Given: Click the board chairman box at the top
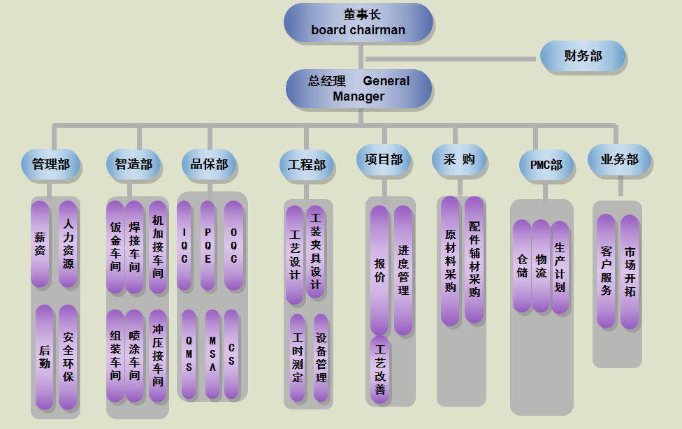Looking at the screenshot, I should tap(358, 22).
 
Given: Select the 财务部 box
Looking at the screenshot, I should tap(583, 56).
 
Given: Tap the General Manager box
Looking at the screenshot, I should tap(358, 89).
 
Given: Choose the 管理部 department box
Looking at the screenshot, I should tap(50, 165).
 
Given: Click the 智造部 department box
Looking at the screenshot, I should tap(133, 165).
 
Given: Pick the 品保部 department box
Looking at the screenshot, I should tap(209, 165).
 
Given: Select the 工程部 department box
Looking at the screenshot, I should tap(306, 166).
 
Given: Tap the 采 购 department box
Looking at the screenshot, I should tap(458, 160).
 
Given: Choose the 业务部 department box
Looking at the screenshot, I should tap(619, 160).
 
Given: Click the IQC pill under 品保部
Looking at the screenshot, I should tap(184, 245).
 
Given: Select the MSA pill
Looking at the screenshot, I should tap(212, 354).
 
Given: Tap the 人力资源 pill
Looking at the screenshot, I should tap(68, 244).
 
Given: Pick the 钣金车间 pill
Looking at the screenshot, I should tap(115, 247).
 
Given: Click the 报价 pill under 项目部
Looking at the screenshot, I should tap(379, 270).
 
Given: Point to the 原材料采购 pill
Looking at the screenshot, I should tap(451, 261).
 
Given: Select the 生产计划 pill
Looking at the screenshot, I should tap(560, 267).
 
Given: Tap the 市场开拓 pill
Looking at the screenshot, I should tap(630, 271).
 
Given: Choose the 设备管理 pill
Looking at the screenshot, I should tap(321, 358).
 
